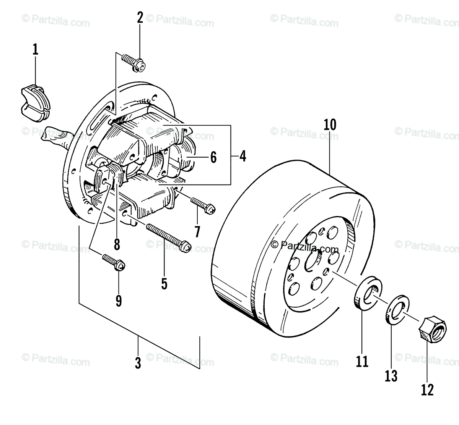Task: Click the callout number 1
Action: pos(35,50)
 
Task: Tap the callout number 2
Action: pos(140,18)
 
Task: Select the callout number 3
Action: pos(138,363)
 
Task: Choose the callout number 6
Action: pos(213,157)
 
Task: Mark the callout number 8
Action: pos(117,243)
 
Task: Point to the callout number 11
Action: pos(362,361)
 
